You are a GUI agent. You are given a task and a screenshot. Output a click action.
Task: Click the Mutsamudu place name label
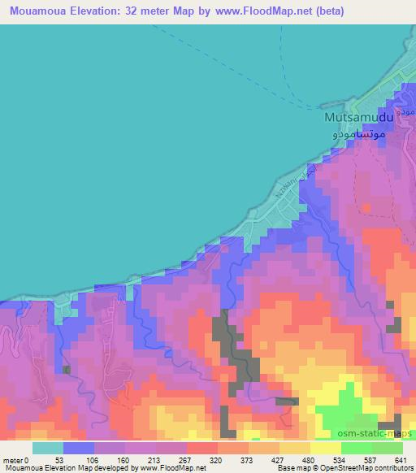coord(358,118)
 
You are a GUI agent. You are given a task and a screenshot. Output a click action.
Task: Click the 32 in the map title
coord(139,11)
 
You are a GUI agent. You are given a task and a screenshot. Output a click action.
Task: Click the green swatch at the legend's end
coord(387,449)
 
